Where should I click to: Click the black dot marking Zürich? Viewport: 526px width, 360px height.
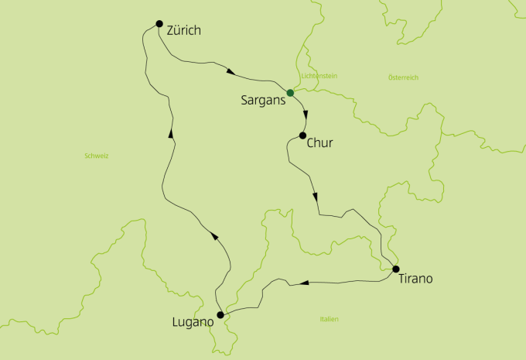[159, 23]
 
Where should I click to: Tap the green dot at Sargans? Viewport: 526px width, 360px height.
[290, 93]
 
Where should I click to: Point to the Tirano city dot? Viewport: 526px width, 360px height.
[396, 269]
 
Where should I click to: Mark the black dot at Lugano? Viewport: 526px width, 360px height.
[221, 315]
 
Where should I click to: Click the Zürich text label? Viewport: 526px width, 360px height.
[183, 31]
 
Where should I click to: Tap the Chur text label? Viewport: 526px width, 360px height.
[320, 143]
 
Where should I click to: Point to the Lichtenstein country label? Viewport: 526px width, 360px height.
[319, 76]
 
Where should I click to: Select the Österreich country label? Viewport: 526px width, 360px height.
[402, 77]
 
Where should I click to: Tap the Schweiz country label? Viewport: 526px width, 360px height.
[97, 156]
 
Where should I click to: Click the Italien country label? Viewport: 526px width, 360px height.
[329, 319]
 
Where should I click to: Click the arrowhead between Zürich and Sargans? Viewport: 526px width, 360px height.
[231, 72]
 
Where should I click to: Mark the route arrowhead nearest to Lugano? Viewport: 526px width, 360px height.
[212, 237]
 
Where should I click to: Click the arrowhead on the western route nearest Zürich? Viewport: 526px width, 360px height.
[170, 134]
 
